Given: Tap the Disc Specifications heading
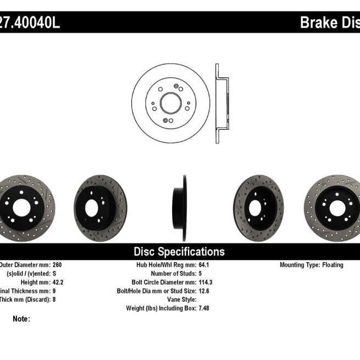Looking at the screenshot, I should coord(179,252).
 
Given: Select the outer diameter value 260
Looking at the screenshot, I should coord(57,265).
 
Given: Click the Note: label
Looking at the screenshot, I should coord(21,319).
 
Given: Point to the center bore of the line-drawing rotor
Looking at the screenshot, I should coord(170,103).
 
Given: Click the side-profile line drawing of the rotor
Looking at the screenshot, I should coord(221,103).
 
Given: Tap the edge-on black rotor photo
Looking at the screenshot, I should coord(181,208).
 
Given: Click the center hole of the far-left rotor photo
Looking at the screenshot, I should coord(21,208).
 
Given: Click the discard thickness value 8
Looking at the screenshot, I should coord(54,300).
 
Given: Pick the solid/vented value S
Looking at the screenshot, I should coord(54,274).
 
